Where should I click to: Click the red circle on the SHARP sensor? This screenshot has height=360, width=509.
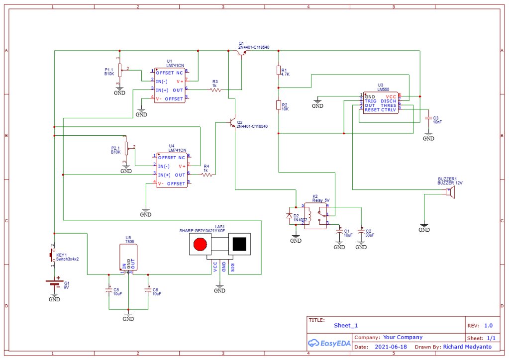(x=200, y=244)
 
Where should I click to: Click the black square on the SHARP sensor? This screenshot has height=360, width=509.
(x=239, y=244)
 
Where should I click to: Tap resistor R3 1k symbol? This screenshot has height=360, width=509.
(x=215, y=90)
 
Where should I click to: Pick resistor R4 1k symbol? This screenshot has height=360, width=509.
(x=206, y=175)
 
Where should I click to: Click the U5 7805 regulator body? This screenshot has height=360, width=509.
(x=128, y=257)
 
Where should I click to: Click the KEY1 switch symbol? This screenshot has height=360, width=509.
(x=52, y=255)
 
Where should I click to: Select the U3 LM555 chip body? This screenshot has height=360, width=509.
(x=380, y=103)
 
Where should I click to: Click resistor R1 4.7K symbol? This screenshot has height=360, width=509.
(x=278, y=71)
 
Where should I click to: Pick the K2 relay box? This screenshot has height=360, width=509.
(x=315, y=215)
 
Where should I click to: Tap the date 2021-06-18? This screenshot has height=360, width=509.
(x=390, y=347)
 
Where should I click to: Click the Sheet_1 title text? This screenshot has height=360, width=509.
(x=346, y=325)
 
